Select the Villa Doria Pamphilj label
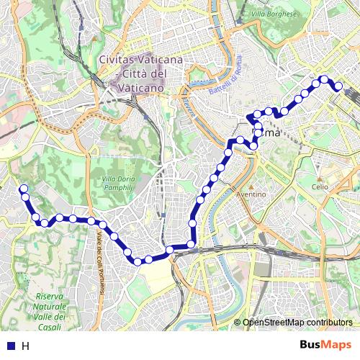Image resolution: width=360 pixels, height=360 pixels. (x=117, y=183)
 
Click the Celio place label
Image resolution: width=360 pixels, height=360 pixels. (x=320, y=186)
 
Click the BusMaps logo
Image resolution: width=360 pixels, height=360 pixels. (x=326, y=345)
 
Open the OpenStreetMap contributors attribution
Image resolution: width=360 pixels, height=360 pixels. (x=298, y=323)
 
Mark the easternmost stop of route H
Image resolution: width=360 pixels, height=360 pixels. (x=337, y=86)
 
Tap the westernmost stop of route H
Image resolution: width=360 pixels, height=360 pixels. (x=23, y=189)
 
